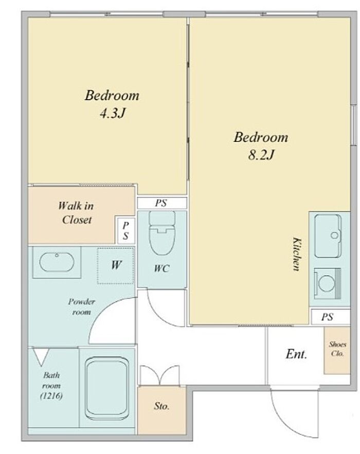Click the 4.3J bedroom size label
(x=113, y=114)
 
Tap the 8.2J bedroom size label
(x=261, y=155)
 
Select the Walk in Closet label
(x=76, y=213)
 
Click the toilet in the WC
(x=162, y=232)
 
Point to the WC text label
(x=161, y=269)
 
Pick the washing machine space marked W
(x=116, y=265)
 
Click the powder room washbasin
(x=57, y=262)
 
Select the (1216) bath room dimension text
(x=51, y=395)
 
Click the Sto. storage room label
(x=161, y=406)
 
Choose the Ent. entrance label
(x=296, y=354)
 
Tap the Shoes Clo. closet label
(x=337, y=349)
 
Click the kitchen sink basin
(x=328, y=236)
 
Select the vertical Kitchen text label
(x=297, y=254)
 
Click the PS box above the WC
(x=162, y=203)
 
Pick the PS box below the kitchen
(x=331, y=317)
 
